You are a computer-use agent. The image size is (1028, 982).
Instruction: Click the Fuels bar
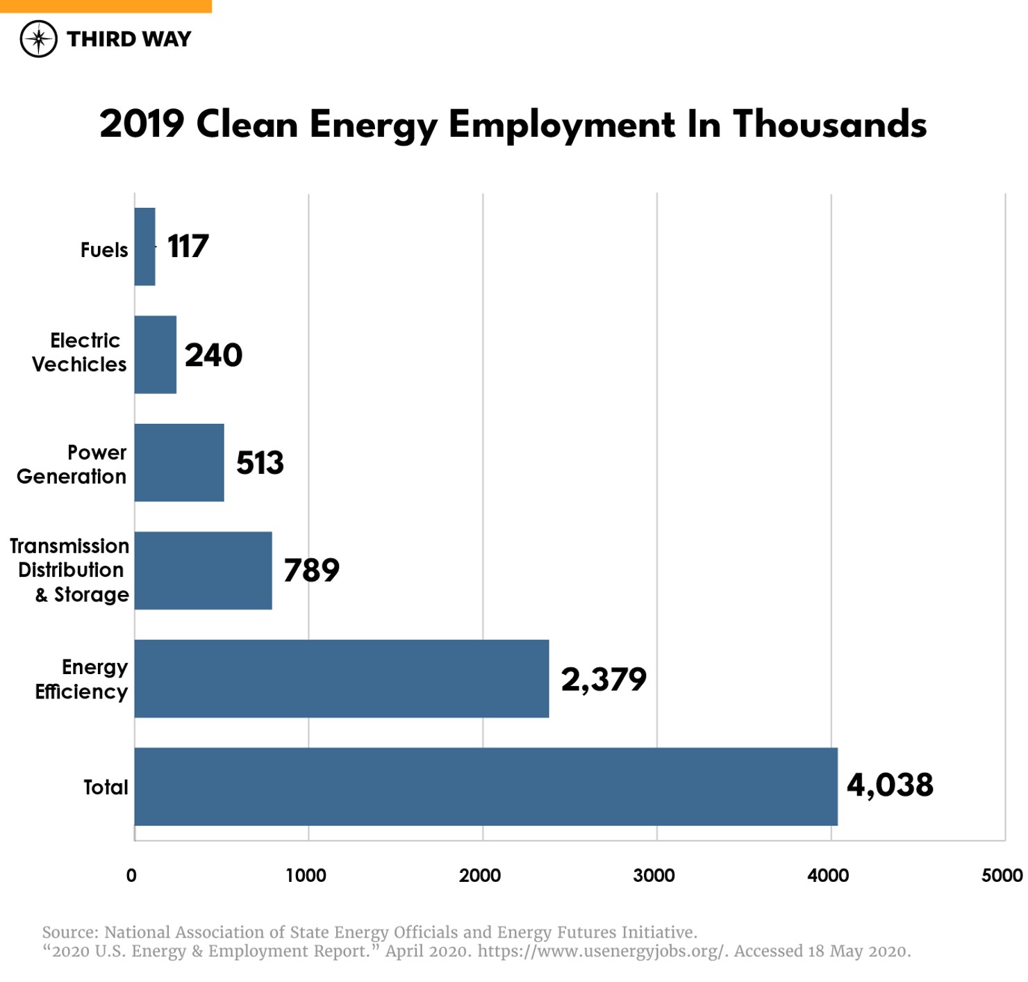144,247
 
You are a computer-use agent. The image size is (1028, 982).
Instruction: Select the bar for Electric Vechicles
156,354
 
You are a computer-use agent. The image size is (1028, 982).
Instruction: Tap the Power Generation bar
179,463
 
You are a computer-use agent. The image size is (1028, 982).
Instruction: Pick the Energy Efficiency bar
341,678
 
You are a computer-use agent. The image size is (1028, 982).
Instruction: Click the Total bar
486,787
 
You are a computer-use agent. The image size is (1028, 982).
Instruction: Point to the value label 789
311,571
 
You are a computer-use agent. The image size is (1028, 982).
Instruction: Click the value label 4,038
890,785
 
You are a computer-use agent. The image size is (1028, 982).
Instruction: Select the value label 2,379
604,679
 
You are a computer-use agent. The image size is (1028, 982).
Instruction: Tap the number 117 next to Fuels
188,247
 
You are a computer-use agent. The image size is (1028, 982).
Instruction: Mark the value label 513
260,463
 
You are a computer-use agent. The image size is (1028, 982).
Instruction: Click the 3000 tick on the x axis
654,876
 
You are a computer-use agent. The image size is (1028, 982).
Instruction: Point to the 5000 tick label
1002,876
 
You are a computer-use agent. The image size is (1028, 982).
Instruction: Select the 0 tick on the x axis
131,876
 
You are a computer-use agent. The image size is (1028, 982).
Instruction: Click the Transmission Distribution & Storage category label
70,571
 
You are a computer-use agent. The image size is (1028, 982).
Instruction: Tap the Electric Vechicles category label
79,352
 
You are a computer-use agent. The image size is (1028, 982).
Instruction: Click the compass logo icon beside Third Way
38,39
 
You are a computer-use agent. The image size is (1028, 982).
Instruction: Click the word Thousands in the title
829,125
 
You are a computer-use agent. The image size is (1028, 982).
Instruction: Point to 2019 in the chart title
142,125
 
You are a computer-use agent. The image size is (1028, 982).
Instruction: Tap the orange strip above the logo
106,6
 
